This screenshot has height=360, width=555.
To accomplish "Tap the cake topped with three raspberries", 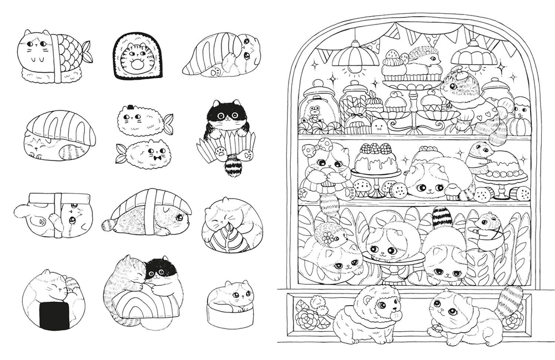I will pos(377,158).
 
